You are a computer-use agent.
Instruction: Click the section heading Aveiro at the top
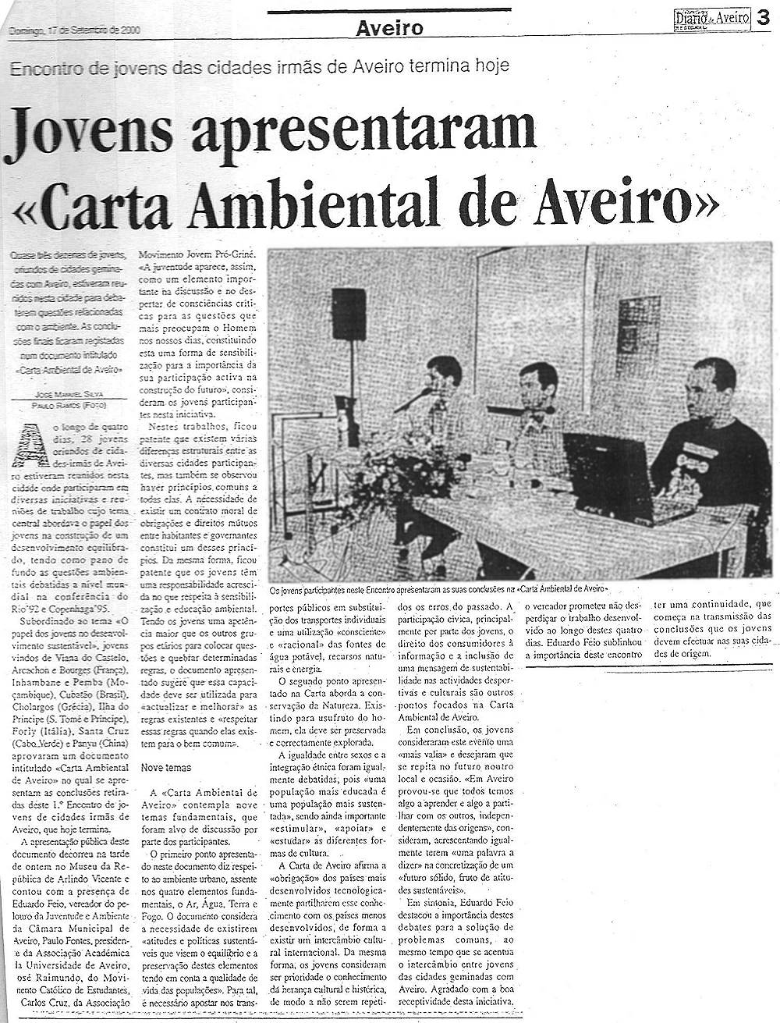pyautogui.click(x=389, y=29)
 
